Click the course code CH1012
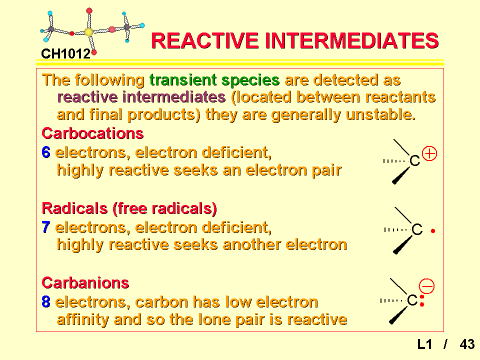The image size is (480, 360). pyautogui.click(x=66, y=54)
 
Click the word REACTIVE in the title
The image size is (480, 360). pyautogui.click(x=205, y=40)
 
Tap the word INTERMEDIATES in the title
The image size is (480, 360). pyautogui.click(x=351, y=40)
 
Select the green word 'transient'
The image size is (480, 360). pyautogui.click(x=182, y=80)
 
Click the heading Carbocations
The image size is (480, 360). pyautogui.click(x=92, y=133)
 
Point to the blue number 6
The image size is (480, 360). pyautogui.click(x=46, y=152)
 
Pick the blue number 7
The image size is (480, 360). pyautogui.click(x=46, y=227)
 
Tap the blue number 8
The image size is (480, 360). pyautogui.click(x=46, y=302)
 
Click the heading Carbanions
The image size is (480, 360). pyautogui.click(x=85, y=283)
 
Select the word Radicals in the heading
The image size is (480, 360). pyautogui.click(x=74, y=208)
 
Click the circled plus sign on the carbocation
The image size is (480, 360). pyautogui.click(x=429, y=153)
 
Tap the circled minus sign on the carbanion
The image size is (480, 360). pyautogui.click(x=426, y=286)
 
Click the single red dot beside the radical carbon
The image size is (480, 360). pyautogui.click(x=433, y=231)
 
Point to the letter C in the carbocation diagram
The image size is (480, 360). pyautogui.click(x=415, y=160)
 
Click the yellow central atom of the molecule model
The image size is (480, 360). pyautogui.click(x=88, y=32)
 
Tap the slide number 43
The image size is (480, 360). pyautogui.click(x=467, y=344)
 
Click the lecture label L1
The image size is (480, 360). pyautogui.click(x=425, y=344)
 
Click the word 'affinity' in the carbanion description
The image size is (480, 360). pyautogui.click(x=82, y=319)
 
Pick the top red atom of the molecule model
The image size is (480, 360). pyautogui.click(x=89, y=11)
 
